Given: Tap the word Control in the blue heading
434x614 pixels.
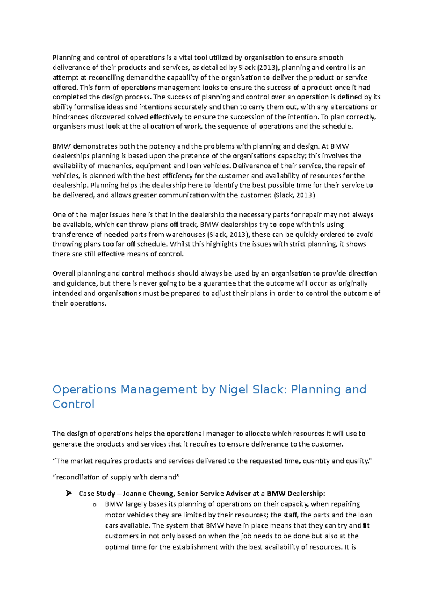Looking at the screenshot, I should (x=73, y=404).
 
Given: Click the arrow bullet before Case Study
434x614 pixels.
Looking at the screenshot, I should (x=68, y=493).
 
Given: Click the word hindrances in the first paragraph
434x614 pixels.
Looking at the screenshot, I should (x=71, y=117).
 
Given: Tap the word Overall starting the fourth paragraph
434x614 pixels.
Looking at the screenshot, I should (x=64, y=273).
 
